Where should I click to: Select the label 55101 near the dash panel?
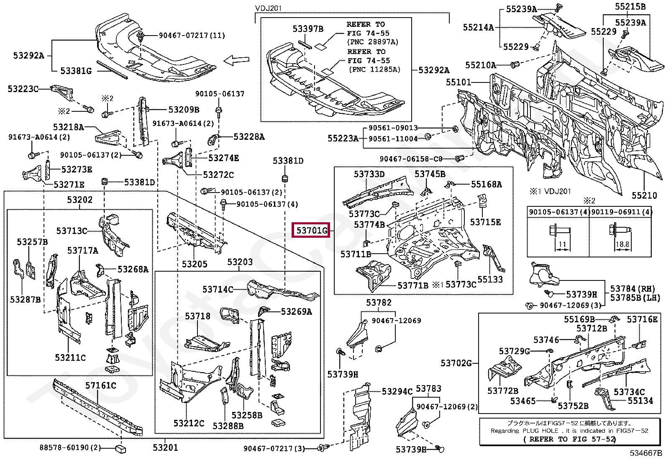pos(459,82)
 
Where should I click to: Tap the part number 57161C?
pos(101,385)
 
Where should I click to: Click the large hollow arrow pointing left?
pos(236,61)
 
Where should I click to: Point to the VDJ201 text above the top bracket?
pos(269,8)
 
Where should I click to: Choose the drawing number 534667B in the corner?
pos(646,453)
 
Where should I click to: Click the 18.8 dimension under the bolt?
pos(622,244)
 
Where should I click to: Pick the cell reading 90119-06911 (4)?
pos(621,212)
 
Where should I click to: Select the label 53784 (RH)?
pos(633,289)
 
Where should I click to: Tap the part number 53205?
pos(195,264)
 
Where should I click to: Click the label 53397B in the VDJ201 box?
pos(308,29)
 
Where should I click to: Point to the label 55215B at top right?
pos(630,7)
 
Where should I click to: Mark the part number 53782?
pos(379,303)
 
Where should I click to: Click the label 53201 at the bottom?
pos(165,448)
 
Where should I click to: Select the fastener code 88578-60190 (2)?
pos(70,448)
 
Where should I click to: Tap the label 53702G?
pos(456,363)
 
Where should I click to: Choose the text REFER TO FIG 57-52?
pos(569,439)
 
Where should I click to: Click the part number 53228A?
pos(249,137)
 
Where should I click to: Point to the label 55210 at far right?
pos(644,195)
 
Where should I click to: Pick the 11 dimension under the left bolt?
pos(562,244)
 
